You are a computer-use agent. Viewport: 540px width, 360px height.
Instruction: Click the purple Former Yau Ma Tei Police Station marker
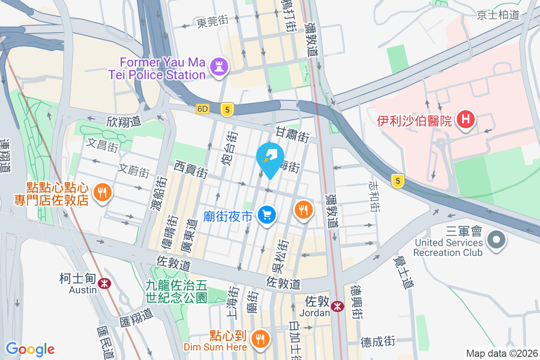point(220,67)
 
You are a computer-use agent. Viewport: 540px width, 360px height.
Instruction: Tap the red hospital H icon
point(466,120)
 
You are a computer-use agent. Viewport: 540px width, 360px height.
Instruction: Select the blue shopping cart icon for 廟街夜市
point(267,215)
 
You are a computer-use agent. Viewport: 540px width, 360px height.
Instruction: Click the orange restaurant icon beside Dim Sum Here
point(260,338)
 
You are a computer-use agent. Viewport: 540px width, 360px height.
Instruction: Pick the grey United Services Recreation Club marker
point(496,238)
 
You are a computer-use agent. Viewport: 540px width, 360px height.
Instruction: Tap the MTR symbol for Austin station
point(104,283)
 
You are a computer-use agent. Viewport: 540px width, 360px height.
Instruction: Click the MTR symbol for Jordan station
point(337,306)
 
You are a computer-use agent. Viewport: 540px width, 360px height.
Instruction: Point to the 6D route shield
point(203,109)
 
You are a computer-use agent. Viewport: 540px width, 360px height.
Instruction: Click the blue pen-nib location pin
point(270,158)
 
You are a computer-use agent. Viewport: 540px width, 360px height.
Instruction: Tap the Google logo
point(30,349)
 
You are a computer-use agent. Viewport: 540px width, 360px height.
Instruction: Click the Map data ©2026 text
point(501,353)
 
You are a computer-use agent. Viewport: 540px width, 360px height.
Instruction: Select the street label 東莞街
point(212,22)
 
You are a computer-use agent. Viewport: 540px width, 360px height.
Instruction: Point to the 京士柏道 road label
point(498,15)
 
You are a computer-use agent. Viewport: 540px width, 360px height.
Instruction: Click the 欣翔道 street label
point(124,121)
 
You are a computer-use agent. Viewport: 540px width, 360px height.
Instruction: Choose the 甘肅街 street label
point(292,134)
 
